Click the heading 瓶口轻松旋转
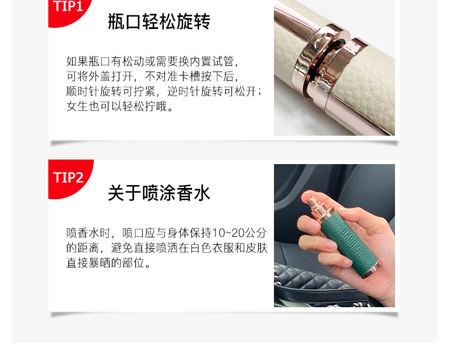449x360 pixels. tap(159, 22)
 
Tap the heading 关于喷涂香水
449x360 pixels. tap(159, 193)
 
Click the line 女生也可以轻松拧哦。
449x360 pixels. tap(120, 106)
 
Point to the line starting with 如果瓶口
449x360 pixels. tap(152, 61)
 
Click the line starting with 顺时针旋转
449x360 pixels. tap(164, 91)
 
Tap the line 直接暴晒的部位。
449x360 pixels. tap(108, 263)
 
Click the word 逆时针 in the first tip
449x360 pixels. tap(184, 91)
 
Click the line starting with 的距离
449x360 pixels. tap(167, 248)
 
